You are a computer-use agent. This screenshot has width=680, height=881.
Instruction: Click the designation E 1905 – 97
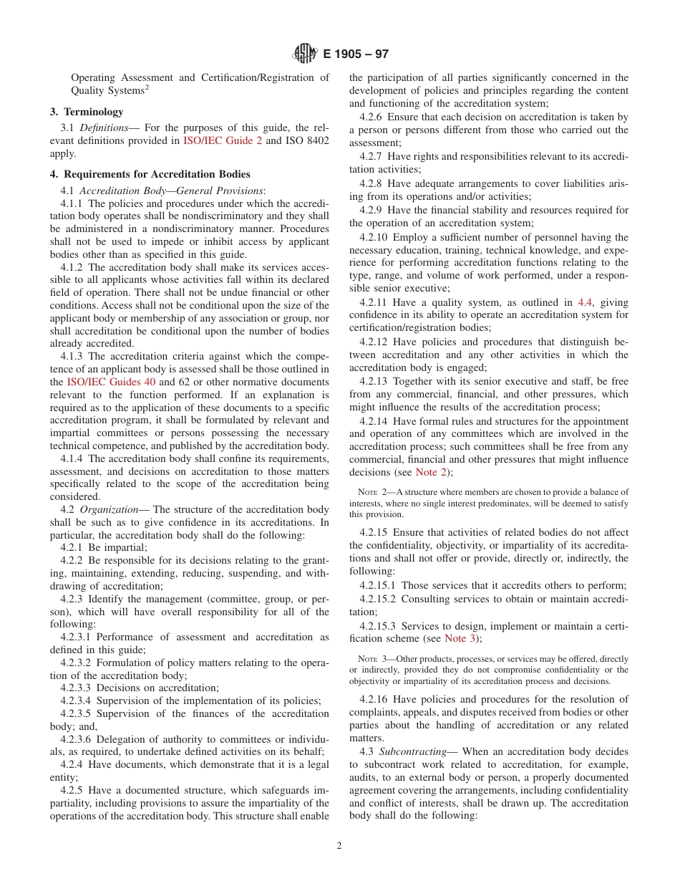pos(356,54)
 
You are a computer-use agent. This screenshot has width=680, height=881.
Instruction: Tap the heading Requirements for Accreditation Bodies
pos(156,174)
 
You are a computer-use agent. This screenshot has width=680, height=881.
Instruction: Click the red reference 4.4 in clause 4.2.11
pos(584,302)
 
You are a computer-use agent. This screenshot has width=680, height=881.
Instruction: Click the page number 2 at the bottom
pos(339,845)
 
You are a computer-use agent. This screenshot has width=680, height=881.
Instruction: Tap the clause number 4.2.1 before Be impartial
pos(73,547)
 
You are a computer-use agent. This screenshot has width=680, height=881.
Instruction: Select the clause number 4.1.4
pos(73,458)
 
